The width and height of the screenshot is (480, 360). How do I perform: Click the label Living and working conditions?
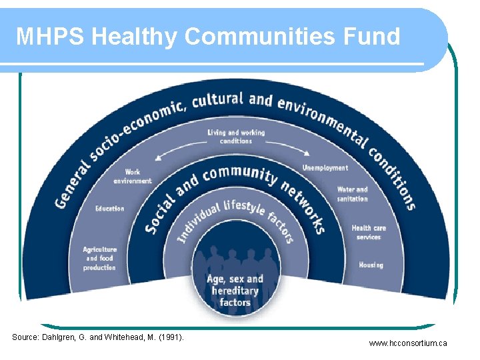click(x=236, y=137)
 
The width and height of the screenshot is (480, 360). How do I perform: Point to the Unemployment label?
click(x=325, y=168)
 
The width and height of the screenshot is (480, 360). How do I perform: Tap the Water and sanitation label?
click(x=352, y=194)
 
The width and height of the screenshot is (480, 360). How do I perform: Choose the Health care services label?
click(x=369, y=232)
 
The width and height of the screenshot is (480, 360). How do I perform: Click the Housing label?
click(x=371, y=265)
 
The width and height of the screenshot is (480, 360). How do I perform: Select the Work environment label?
click(x=133, y=176)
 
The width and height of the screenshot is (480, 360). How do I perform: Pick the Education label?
click(x=109, y=209)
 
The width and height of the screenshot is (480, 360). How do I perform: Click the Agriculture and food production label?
click(x=99, y=259)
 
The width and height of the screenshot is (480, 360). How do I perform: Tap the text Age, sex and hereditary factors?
click(x=235, y=291)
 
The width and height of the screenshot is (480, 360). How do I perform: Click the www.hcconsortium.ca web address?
click(x=408, y=343)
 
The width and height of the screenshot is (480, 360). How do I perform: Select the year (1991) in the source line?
click(x=171, y=337)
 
